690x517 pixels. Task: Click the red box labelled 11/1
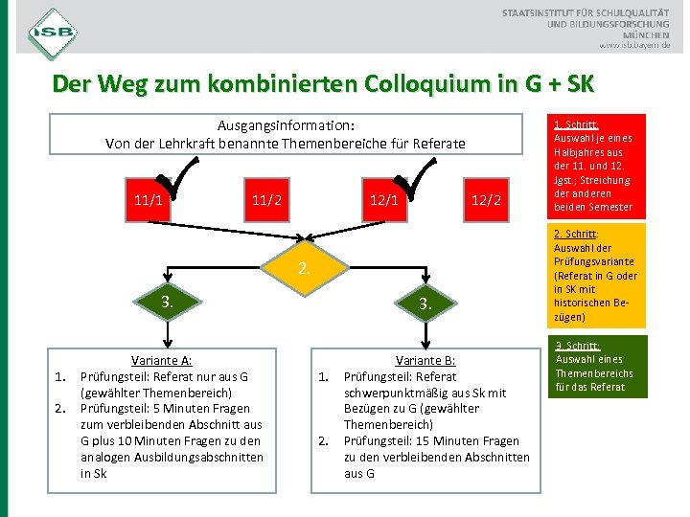[147, 201]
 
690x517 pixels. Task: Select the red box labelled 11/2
[265, 201]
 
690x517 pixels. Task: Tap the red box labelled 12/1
[384, 201]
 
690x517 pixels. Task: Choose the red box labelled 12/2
[487, 201]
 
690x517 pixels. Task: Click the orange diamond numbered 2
[304, 269]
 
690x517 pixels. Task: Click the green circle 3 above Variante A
[167, 303]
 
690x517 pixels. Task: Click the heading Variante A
[161, 361]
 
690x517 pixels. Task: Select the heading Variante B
[425, 361]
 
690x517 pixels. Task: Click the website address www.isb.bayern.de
[635, 45]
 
